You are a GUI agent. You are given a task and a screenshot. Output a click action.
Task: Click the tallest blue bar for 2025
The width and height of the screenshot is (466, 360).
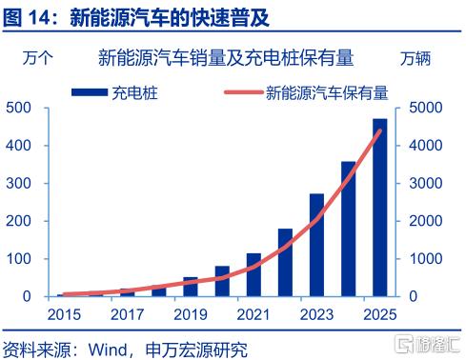[380, 208]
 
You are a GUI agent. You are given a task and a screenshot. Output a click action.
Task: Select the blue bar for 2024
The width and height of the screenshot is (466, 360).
[349, 229]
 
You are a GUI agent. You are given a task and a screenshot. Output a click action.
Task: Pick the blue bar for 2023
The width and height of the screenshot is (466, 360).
[316, 245]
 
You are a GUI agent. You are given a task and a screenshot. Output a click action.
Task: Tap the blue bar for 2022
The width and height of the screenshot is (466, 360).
[285, 263]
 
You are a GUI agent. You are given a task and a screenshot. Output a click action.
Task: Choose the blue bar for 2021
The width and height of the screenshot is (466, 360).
[253, 275]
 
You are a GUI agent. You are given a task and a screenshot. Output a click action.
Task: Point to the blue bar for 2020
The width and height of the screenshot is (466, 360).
[222, 281]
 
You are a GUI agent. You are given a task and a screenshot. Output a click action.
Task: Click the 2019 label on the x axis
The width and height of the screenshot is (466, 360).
[191, 314]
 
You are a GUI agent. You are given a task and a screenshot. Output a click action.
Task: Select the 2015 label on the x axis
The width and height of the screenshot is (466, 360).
[64, 314]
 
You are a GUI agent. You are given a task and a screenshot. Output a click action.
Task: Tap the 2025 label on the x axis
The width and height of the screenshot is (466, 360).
[380, 314]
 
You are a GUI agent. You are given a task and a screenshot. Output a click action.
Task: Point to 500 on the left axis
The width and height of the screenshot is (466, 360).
[18, 108]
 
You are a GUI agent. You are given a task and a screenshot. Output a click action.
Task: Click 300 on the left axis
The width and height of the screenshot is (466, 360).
[18, 183]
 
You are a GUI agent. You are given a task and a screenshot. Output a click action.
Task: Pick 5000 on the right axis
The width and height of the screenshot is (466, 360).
[426, 108]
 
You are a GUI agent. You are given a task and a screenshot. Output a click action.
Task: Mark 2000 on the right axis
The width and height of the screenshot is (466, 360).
[426, 221]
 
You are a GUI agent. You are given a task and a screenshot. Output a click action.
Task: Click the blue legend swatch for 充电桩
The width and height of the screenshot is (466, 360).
[90, 92]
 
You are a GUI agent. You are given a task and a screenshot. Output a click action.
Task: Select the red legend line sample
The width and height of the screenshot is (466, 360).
[244, 92]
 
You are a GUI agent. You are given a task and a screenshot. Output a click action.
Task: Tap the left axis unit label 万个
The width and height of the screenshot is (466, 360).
[37, 58]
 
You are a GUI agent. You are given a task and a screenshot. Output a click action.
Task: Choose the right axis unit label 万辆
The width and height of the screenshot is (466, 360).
[415, 58]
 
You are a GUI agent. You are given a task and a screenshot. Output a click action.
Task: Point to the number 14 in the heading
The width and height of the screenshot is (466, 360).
[40, 17]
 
